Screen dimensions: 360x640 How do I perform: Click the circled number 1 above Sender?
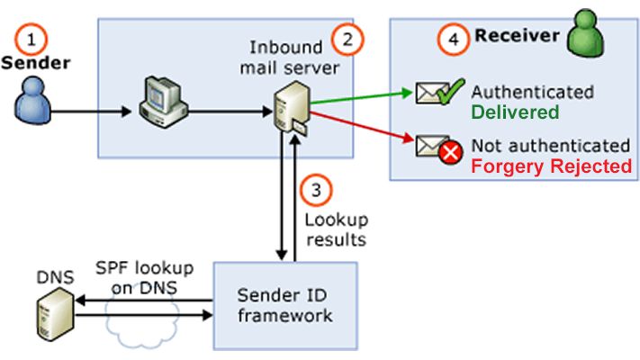(x=32, y=40)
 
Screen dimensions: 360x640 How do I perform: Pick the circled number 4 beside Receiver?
(x=454, y=39)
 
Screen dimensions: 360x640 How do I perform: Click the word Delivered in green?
(x=515, y=112)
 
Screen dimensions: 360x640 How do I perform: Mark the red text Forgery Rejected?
(x=553, y=166)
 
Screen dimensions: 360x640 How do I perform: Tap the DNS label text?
(x=54, y=277)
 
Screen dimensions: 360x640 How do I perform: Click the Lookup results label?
(x=335, y=230)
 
